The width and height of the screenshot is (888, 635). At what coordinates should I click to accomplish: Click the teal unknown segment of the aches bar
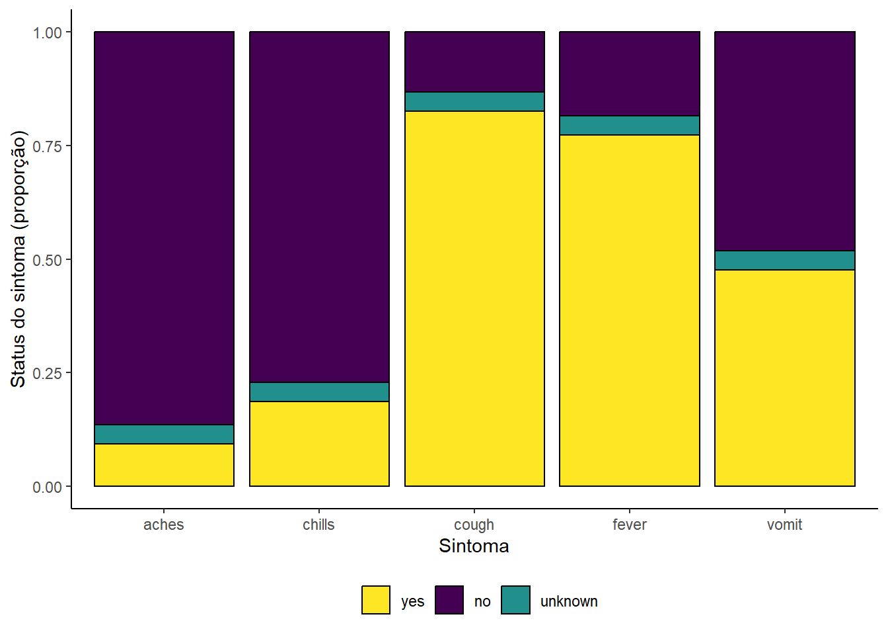164,434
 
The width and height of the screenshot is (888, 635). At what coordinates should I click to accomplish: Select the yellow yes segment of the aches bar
164,465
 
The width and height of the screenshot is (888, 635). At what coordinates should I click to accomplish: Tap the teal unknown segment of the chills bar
320,392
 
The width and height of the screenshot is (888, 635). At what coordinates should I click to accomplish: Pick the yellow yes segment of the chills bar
320,444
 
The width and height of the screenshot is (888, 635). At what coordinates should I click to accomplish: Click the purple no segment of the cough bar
474,62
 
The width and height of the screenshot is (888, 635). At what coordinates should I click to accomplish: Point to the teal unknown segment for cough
474,102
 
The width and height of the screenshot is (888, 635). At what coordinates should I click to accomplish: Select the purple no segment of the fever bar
630,74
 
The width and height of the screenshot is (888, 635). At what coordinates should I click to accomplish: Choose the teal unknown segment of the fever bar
630,126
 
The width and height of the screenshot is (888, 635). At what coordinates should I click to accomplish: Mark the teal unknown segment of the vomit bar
785,261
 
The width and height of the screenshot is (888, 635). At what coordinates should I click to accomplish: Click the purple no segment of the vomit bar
785,142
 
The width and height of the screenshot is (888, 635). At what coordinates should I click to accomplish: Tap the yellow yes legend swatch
376,600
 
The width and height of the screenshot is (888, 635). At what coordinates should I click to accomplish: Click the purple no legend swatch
449,600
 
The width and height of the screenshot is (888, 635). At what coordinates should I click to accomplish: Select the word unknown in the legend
569,602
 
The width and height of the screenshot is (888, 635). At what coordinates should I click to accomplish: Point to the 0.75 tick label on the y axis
47,146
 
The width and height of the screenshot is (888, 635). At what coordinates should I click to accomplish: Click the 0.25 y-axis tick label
47,374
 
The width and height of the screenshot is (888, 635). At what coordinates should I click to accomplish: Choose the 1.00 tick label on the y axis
47,33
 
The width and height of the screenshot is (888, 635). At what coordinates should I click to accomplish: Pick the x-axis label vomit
784,525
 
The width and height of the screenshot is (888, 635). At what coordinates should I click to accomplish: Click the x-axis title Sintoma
474,546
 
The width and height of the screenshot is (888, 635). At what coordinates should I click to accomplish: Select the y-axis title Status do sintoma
18,311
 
